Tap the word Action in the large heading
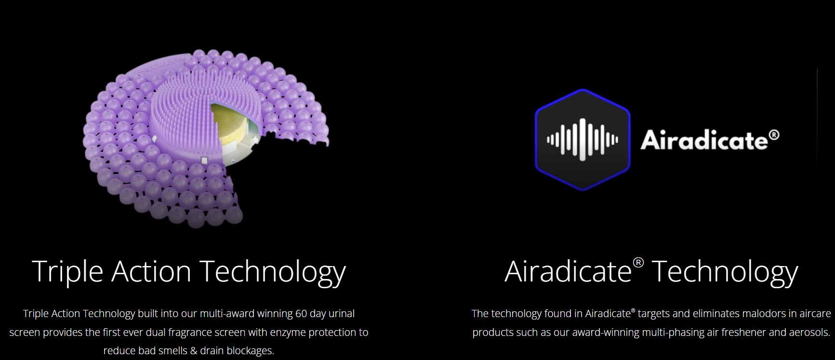[x=151, y=271]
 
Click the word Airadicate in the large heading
[x=569, y=271]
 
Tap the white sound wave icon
[x=582, y=140]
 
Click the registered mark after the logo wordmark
[x=774, y=134]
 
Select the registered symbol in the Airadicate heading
[x=638, y=263]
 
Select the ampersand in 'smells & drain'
[x=194, y=351]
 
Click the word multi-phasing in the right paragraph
[x=672, y=333]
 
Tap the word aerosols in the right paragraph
[x=810, y=333]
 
